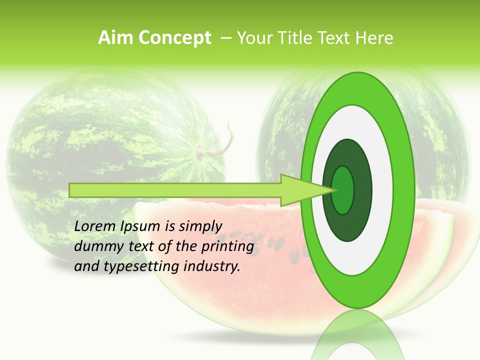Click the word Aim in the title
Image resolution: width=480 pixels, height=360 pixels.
[x=115, y=38]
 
